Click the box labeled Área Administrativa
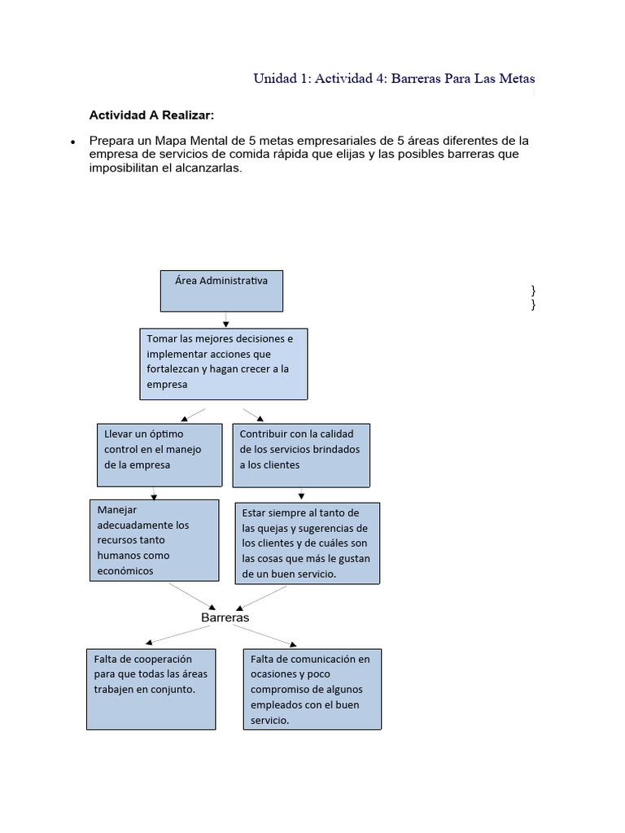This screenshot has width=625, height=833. pyautogui.click(x=221, y=291)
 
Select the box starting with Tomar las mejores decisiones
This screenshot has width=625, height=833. pyautogui.click(x=223, y=364)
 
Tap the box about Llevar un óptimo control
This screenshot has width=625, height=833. pyautogui.click(x=158, y=454)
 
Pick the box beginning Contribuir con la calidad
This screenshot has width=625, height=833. pyautogui.click(x=301, y=455)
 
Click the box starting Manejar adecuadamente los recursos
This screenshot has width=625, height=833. pyautogui.click(x=154, y=540)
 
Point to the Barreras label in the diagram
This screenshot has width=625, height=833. pyautogui.click(x=225, y=617)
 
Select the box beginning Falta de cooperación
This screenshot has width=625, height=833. pyautogui.click(x=151, y=687)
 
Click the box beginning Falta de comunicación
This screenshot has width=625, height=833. pyautogui.click(x=312, y=688)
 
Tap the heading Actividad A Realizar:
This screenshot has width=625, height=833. pyautogui.click(x=151, y=116)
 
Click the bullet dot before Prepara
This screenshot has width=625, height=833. pyautogui.click(x=74, y=142)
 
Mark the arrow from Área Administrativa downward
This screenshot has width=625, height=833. pyautogui.click(x=224, y=321)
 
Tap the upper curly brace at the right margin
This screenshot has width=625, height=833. pyautogui.click(x=532, y=290)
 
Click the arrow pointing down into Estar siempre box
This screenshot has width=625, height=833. pyautogui.click(x=302, y=495)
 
